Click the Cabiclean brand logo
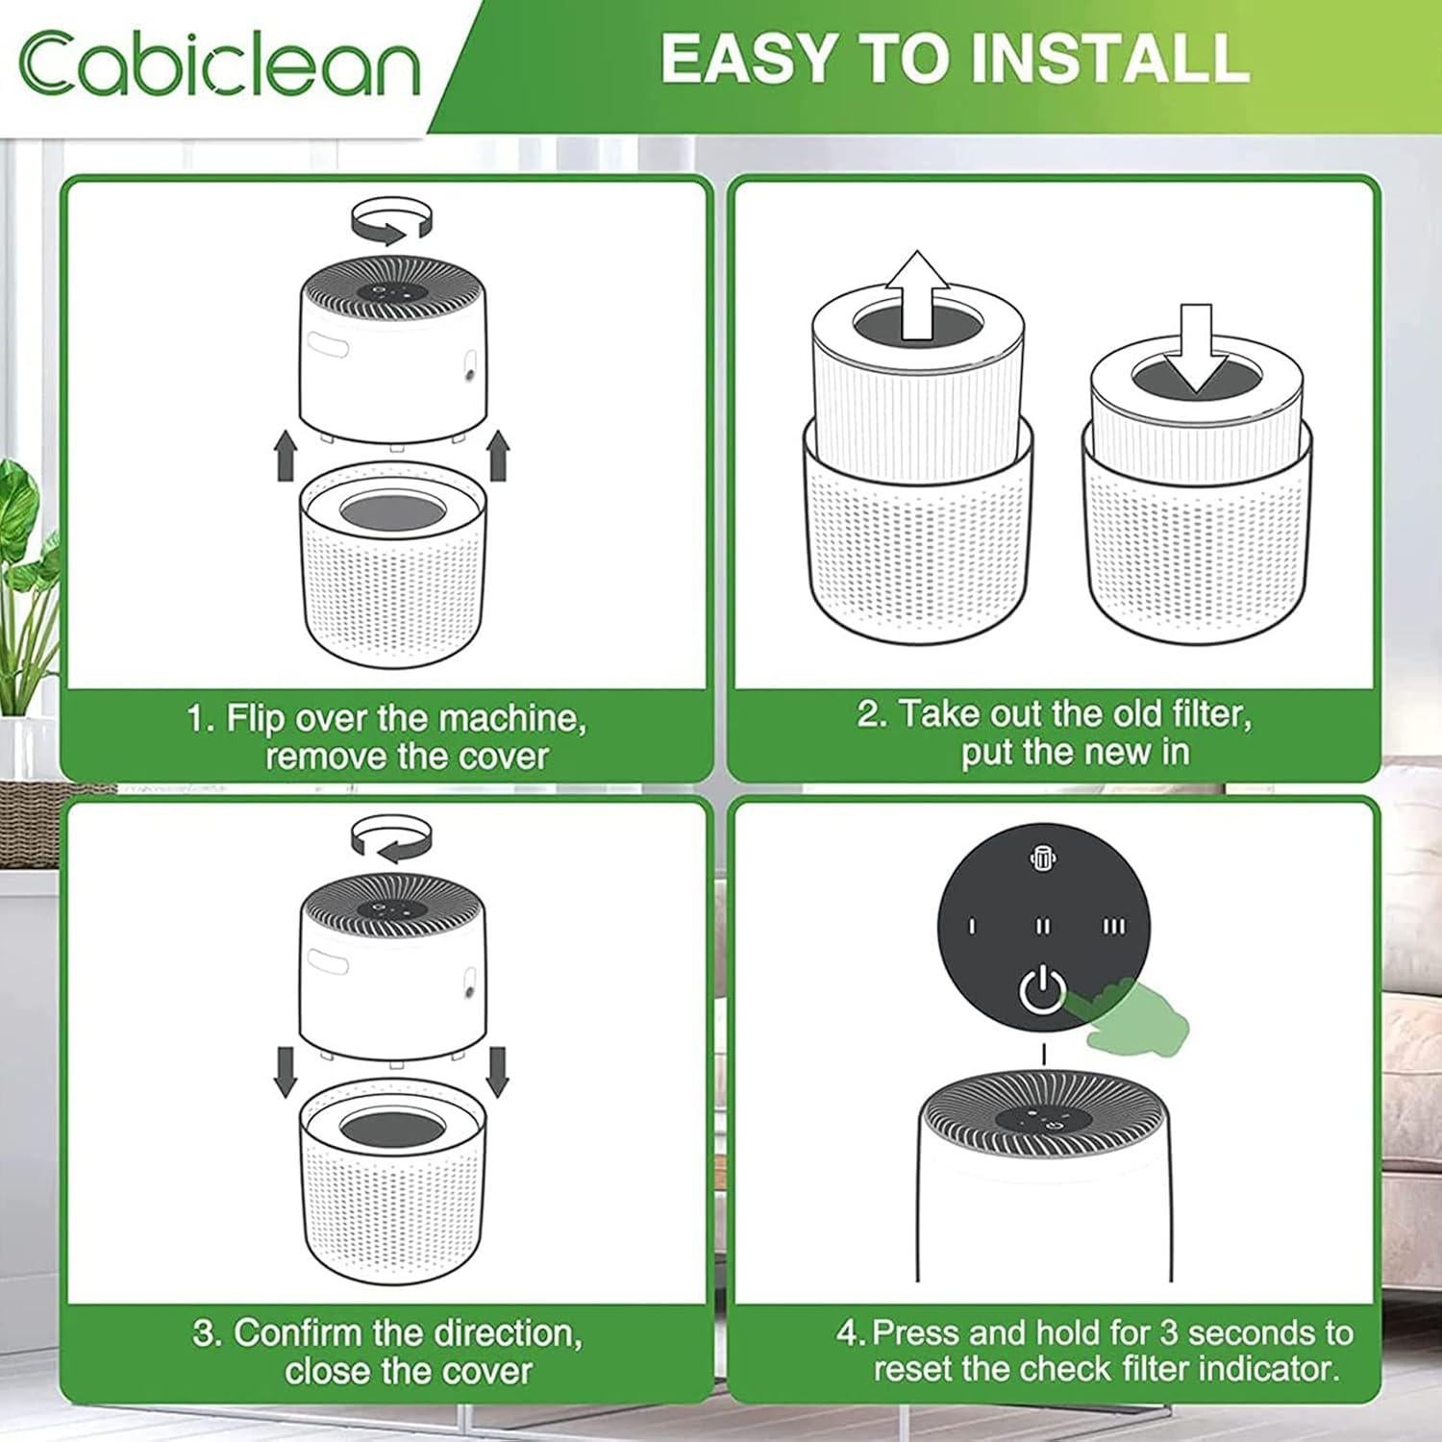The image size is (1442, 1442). point(219,64)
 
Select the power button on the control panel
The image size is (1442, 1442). point(1042,991)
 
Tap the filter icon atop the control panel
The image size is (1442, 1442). point(1043,859)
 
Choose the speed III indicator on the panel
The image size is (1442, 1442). point(1113,927)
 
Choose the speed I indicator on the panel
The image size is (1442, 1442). point(972,927)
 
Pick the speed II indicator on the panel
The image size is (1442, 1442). point(1043,927)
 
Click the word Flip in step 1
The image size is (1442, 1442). point(255,719)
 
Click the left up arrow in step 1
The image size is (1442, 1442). point(286,456)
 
